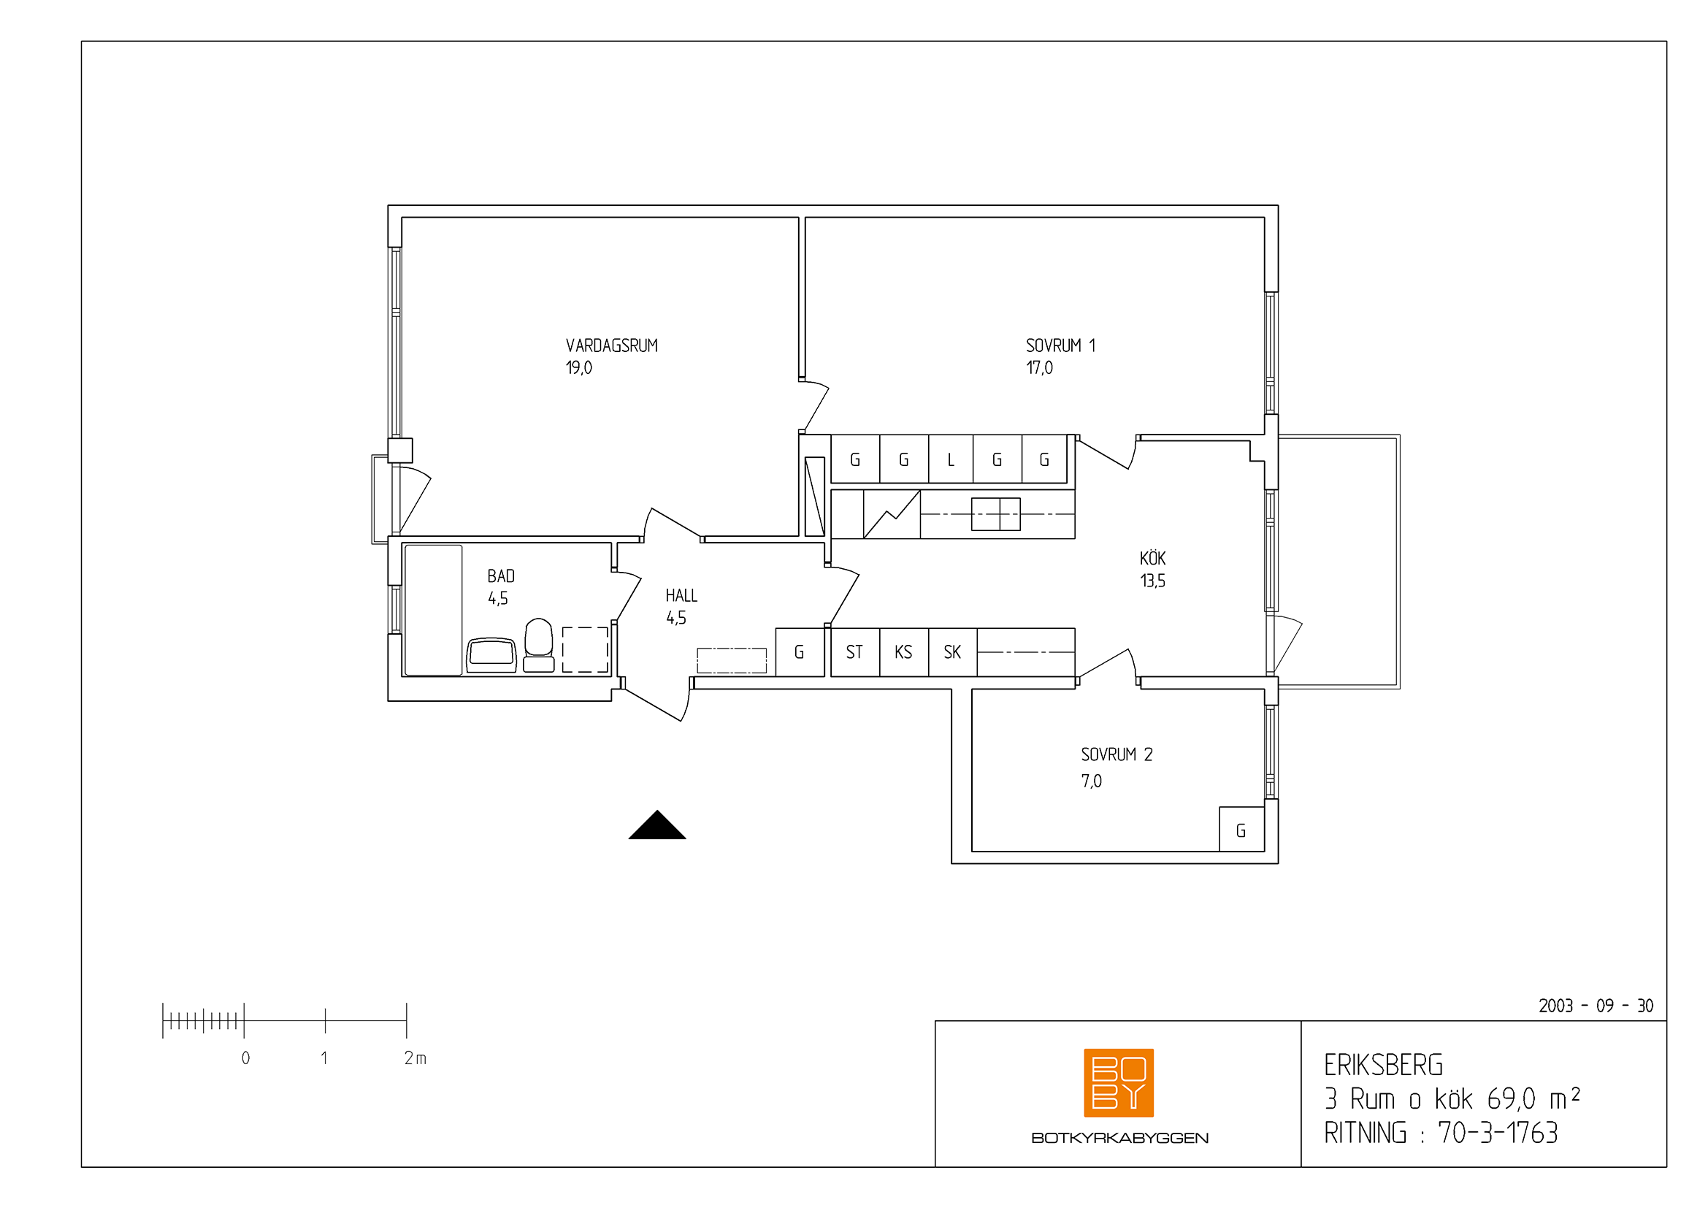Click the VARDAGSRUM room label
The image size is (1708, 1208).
point(611,346)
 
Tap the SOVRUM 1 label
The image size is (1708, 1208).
point(1060,346)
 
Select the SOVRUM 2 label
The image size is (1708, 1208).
point(1117,755)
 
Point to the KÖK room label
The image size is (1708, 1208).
point(1152,558)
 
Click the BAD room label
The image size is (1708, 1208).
point(501,576)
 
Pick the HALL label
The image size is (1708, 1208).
point(681,596)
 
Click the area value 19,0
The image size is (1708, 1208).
point(579,368)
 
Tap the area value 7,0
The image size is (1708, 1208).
point(1091,781)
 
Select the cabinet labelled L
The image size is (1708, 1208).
point(951,459)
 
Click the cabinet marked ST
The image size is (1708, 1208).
point(855,652)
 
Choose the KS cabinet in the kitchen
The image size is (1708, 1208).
point(904,652)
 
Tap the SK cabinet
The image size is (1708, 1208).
point(952,652)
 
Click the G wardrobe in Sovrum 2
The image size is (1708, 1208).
point(1241,830)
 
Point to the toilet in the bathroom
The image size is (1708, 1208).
point(539,646)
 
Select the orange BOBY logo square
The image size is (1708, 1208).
point(1119,1083)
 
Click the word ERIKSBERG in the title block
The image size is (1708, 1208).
point(1384,1066)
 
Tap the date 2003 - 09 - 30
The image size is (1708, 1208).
point(1596,1006)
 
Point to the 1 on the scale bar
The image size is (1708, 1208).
point(324,1058)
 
